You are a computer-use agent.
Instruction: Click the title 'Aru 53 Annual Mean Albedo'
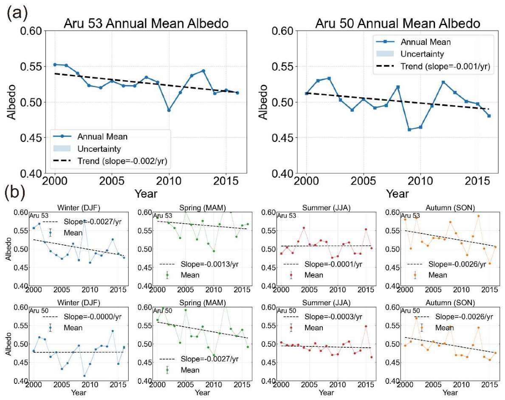[146, 23]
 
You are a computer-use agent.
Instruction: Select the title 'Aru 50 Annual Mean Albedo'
[398, 23]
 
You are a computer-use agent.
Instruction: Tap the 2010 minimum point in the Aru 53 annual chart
[169, 110]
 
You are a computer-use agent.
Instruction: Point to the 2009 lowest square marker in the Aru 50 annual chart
[409, 130]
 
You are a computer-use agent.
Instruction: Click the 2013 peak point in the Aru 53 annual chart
[203, 71]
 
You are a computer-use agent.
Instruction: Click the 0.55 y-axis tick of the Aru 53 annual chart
[31, 67]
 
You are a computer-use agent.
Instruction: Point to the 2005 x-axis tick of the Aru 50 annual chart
[363, 181]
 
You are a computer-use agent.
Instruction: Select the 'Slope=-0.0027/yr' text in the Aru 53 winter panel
[93, 222]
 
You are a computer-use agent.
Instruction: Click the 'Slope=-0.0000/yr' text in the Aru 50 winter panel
[93, 317]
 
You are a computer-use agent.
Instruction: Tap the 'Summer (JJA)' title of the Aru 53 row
[326, 208]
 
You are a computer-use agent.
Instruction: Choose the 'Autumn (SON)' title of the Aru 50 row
[450, 303]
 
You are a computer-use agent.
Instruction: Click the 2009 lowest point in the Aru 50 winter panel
[85, 376]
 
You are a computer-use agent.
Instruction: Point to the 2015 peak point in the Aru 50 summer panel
[366, 326]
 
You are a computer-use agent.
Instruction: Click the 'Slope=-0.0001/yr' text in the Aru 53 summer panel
[334, 264]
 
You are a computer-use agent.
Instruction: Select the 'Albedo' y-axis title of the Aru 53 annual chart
[11, 102]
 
